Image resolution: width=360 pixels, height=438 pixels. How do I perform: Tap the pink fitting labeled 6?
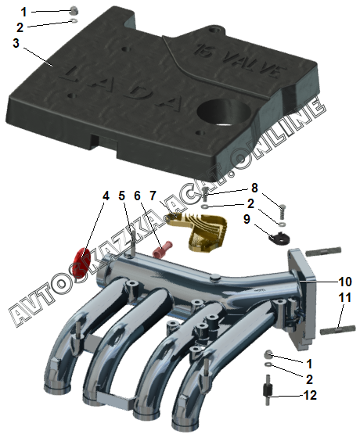coord(163,250)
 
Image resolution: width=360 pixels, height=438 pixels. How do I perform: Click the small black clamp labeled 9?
coord(279,238)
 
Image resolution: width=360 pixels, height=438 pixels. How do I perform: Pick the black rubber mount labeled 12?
coord(268,390)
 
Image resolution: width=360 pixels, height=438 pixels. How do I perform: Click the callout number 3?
coord(16,43)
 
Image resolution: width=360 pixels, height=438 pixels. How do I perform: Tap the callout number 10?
coord(344,282)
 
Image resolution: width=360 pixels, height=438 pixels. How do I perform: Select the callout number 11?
coord(344,297)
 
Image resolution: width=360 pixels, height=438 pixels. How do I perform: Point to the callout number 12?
coord(310,395)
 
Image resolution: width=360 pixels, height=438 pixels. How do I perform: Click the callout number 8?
coord(254,188)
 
